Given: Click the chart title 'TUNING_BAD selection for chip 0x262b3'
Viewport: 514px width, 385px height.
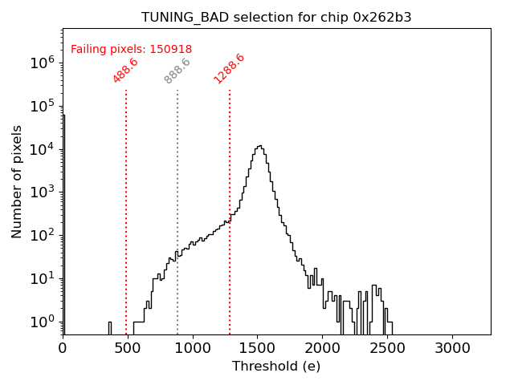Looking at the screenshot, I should pos(276,18).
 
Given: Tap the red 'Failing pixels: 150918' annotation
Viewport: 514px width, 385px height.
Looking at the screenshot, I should pos(131,50).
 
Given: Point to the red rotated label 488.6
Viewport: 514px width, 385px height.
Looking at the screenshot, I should pos(125,70).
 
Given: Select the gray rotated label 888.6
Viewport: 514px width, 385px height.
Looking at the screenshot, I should pos(177,70).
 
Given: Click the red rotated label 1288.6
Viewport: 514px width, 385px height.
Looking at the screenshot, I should pos(229,68).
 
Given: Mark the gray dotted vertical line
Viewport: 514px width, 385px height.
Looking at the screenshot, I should pos(177,209).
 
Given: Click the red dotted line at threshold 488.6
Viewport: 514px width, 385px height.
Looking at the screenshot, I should pos(126,209).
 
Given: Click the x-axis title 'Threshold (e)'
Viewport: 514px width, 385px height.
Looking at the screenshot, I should pos(276,367).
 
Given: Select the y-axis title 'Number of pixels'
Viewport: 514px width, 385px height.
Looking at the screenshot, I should pos(17,181).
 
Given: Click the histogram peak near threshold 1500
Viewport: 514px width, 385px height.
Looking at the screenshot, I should pos(259,146).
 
